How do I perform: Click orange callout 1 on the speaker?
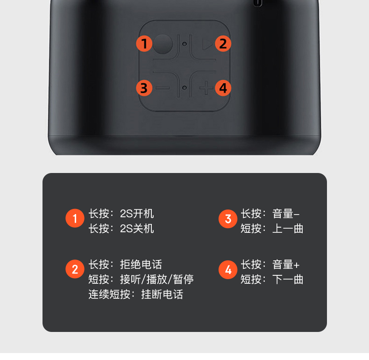point(144,43)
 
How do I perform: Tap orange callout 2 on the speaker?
point(223,43)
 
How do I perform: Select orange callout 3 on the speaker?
point(144,88)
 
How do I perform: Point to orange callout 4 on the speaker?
point(223,88)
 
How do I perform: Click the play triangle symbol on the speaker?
point(207,44)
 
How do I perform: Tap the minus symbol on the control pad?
point(163,88)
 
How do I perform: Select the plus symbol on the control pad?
point(206,88)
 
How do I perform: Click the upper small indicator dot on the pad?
point(185,44)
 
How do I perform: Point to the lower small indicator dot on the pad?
point(185,88)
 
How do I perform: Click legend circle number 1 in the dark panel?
point(75,218)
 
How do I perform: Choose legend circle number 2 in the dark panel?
point(75,269)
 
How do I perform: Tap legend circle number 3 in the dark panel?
point(228,219)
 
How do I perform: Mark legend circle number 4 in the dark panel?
point(228,270)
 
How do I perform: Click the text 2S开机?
point(137,214)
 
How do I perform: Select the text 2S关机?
point(137,229)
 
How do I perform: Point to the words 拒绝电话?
point(141,265)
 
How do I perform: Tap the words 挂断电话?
point(162,295)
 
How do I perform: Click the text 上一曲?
point(288,229)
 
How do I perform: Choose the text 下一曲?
point(288,280)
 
